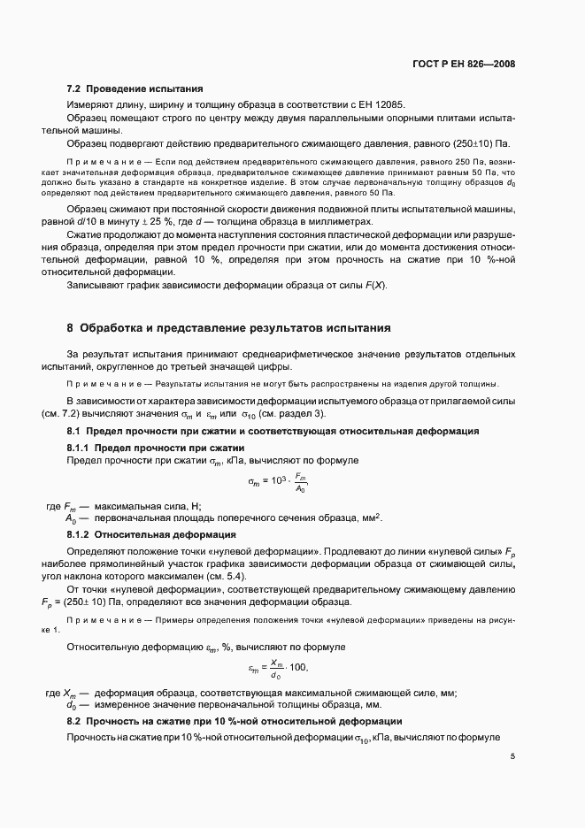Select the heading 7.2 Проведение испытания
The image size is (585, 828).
coord(135,88)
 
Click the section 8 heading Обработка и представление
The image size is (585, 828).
coord(228,327)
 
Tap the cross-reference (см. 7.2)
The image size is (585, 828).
coord(87,414)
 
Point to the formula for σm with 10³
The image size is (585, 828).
coord(278,483)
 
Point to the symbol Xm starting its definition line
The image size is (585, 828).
coord(72,693)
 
